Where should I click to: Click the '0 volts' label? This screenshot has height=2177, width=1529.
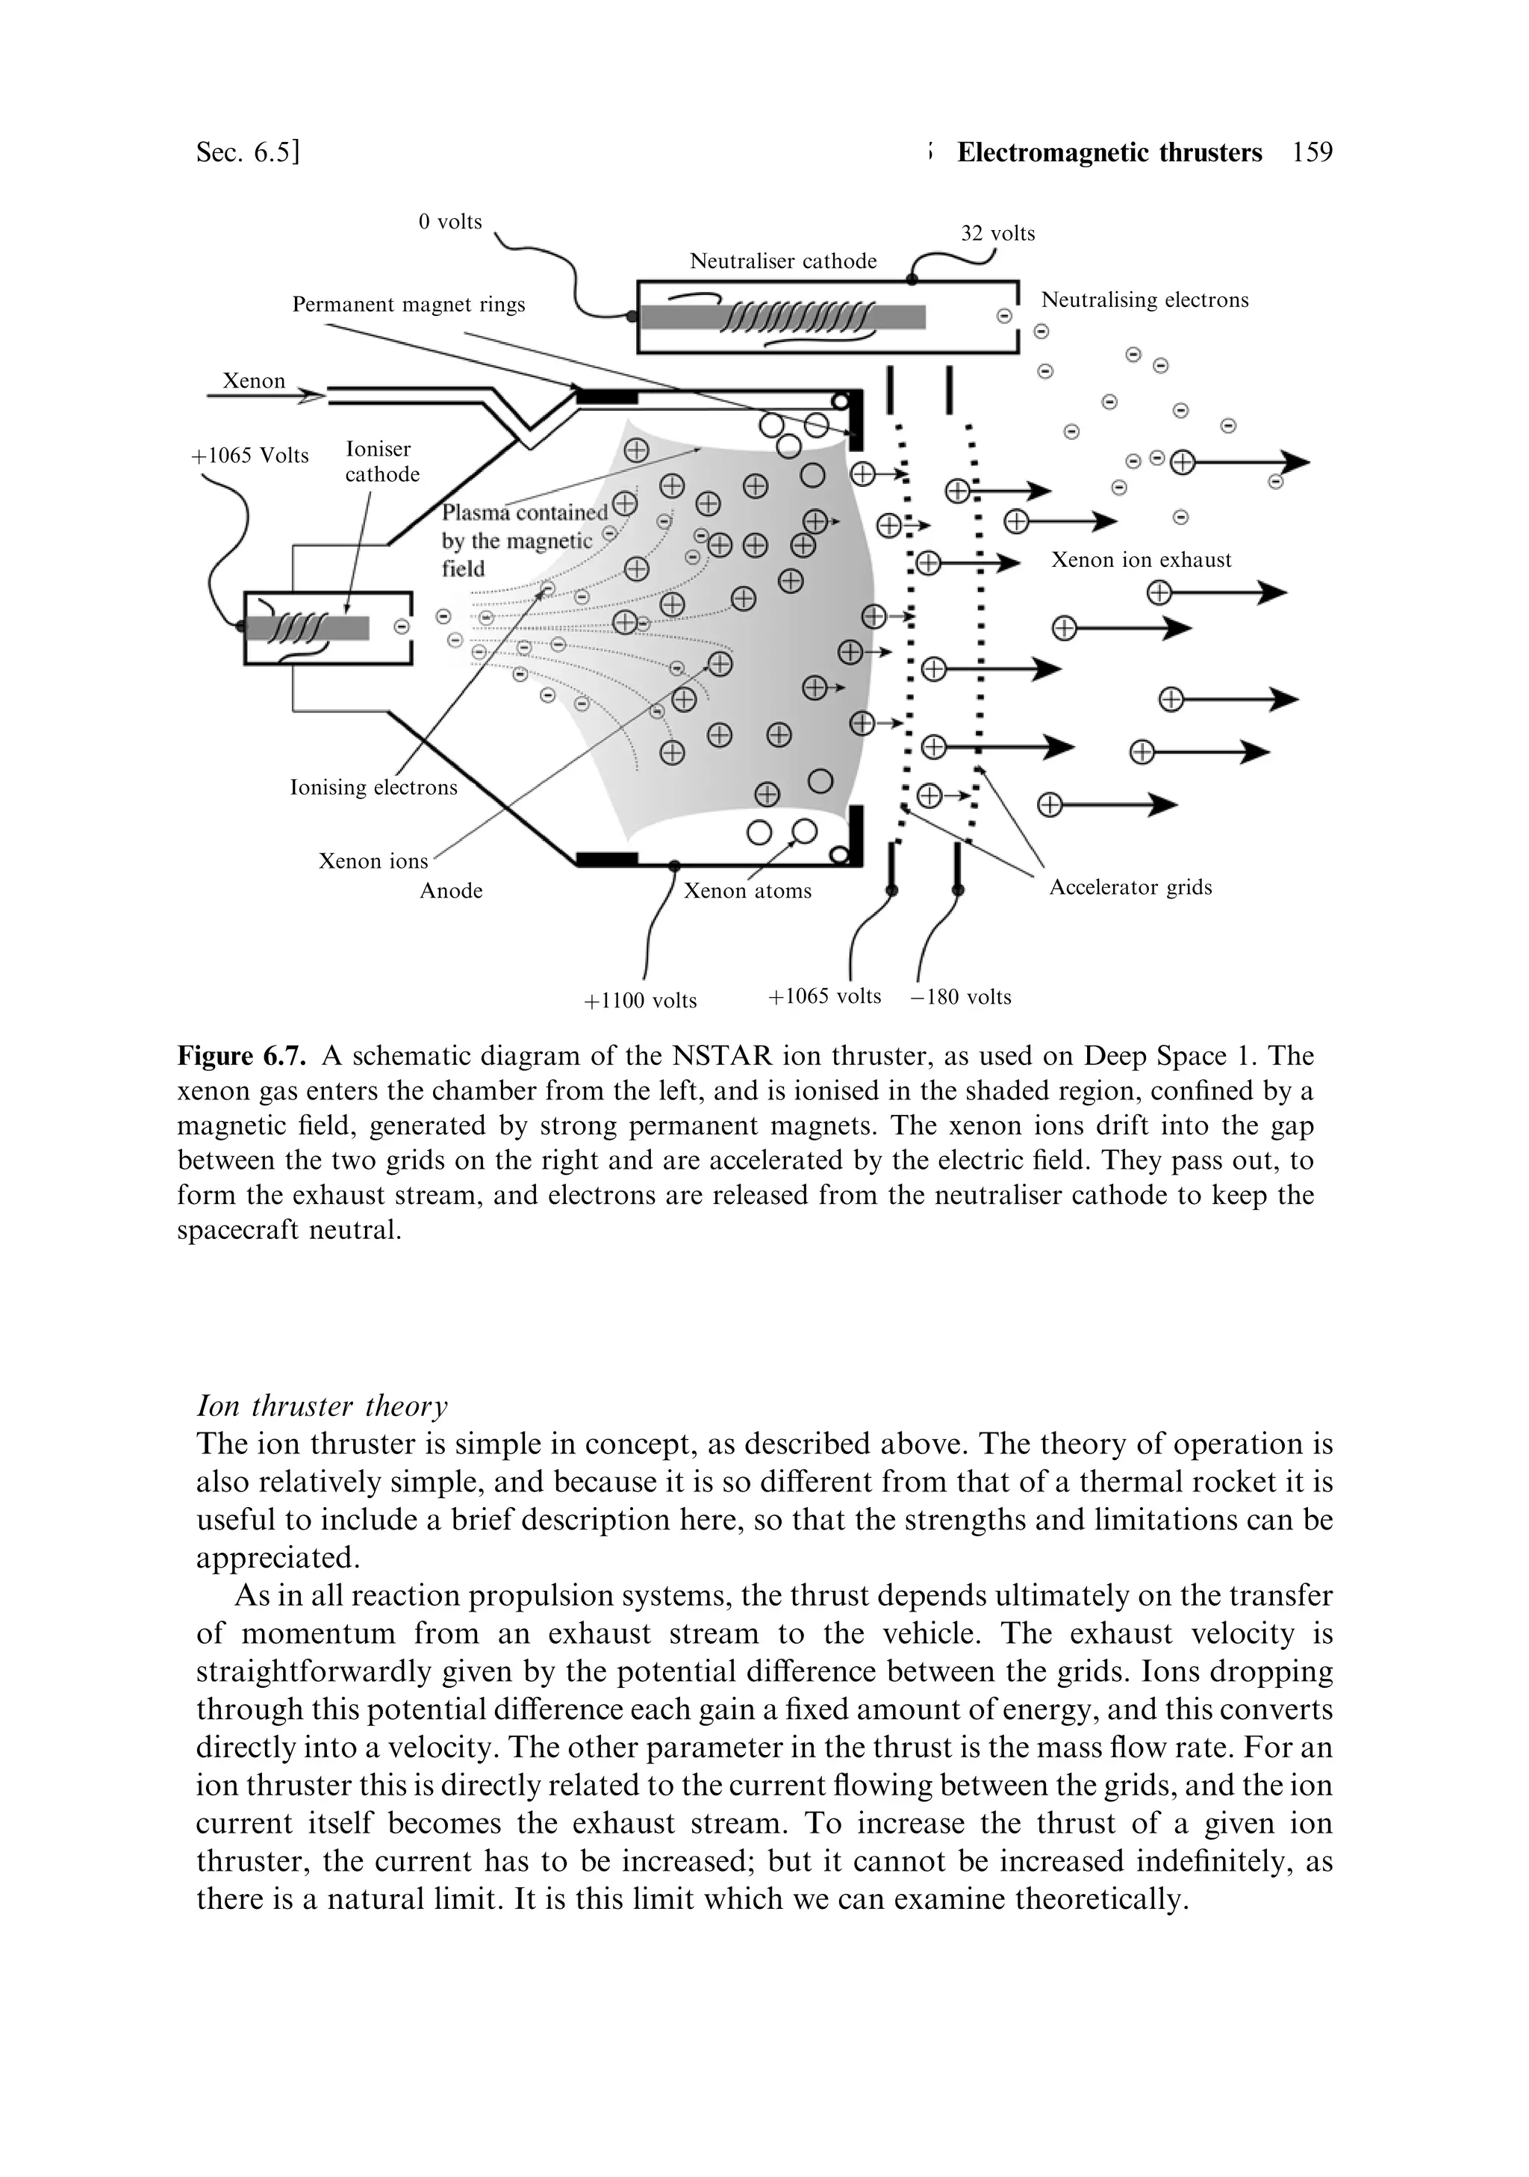pos(450,222)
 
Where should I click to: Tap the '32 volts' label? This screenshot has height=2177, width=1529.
pos(997,233)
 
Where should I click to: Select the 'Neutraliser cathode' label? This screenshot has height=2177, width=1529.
pos(783,261)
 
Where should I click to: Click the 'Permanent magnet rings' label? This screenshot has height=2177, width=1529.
pos(408,305)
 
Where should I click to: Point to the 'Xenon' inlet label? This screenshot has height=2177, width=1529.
pos(253,381)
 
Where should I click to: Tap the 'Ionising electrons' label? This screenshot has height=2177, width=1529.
pos(373,787)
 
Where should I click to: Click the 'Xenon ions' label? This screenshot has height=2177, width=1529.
pos(373,861)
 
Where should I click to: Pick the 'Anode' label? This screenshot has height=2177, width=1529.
pos(451,890)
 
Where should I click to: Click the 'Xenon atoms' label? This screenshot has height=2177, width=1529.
pos(747,890)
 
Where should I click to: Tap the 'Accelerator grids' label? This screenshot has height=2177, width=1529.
pos(1130,886)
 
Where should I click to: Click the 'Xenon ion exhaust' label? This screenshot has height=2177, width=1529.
pos(1140,559)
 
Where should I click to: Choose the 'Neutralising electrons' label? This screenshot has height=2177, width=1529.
pos(1145,299)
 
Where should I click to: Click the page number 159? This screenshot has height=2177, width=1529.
pos(1312,152)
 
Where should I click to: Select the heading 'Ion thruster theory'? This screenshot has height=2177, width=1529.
pos(321,1406)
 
